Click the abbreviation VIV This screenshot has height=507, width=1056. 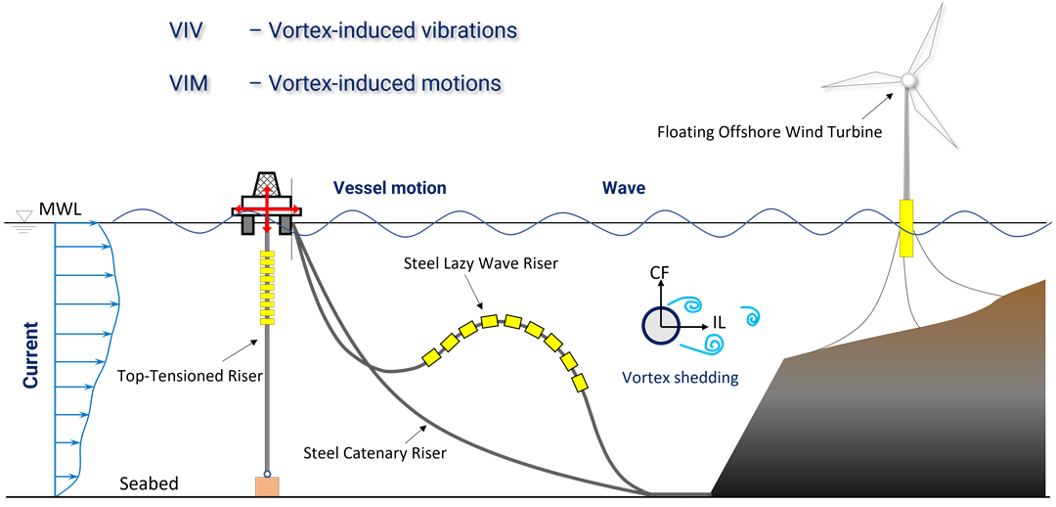click(186, 30)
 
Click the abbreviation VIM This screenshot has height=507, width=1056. click(188, 83)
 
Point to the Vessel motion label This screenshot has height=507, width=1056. click(389, 188)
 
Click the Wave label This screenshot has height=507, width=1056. click(623, 188)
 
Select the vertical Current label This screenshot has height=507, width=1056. click(31, 354)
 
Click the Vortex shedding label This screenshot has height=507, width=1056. click(680, 377)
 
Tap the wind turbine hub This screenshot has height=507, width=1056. click(907, 79)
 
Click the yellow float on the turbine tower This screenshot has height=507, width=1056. click(906, 228)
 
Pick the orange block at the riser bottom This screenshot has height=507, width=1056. click(266, 485)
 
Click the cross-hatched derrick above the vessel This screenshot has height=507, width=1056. click(266, 184)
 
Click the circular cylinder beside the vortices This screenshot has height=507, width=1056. click(661, 326)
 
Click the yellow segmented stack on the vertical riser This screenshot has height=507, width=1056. click(266, 287)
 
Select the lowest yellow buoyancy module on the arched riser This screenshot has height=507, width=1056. click(583, 382)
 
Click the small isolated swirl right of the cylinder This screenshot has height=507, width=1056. click(751, 316)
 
